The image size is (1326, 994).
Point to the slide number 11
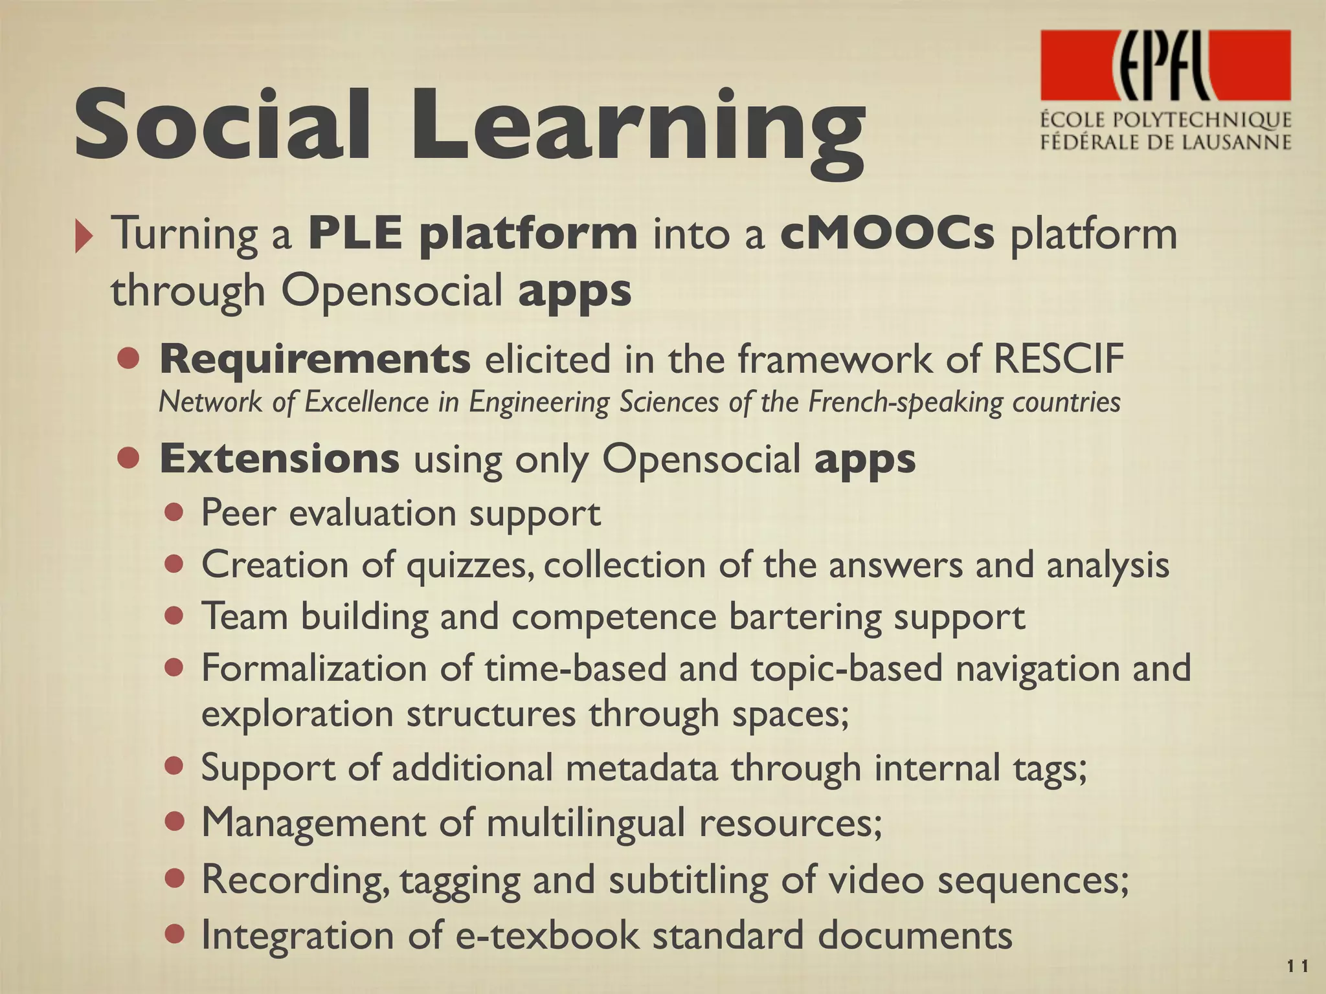click(1297, 967)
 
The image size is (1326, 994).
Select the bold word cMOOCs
click(887, 234)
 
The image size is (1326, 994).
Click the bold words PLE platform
click(473, 235)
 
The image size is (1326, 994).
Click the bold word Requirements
click(315, 359)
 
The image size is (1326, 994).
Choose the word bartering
click(806, 617)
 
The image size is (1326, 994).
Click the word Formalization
click(314, 668)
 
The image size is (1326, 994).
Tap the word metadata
click(642, 768)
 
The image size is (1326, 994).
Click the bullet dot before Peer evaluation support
click(174, 514)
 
